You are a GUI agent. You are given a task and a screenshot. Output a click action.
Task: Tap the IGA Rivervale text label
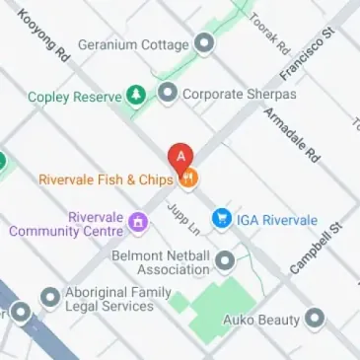(x=277, y=220)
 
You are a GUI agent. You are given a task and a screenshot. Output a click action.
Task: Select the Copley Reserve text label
(x=74, y=97)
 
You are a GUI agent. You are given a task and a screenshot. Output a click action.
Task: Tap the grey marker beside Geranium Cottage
(x=205, y=43)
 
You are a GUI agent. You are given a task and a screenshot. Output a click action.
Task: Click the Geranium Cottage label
(x=132, y=44)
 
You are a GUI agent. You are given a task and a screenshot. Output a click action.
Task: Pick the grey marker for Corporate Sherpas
(x=168, y=94)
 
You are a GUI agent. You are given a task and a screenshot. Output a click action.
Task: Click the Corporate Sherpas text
(x=230, y=95)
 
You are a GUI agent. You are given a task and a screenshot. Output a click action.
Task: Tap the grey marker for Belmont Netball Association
(x=225, y=260)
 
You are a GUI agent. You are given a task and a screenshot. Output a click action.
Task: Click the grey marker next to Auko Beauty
(x=315, y=319)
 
